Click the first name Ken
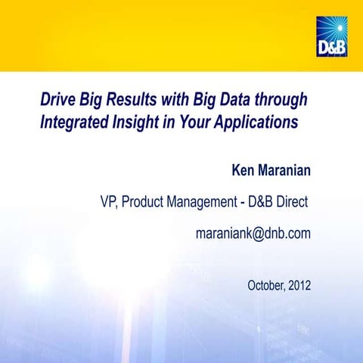245,169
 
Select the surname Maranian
285,169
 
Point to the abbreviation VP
109,203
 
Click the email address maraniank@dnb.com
253,234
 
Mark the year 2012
300,285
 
